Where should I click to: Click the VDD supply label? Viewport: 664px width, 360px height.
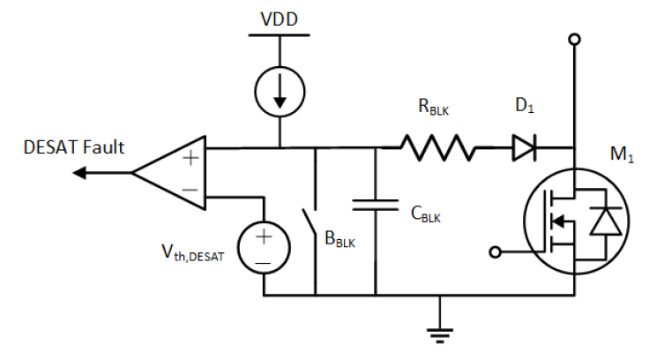coord(279,19)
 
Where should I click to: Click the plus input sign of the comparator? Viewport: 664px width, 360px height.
coord(190,158)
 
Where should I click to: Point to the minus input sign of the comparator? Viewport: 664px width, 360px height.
coord(190,190)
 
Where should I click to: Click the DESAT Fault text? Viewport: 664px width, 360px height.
coord(74,147)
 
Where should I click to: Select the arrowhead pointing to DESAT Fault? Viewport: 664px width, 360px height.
coord(79,173)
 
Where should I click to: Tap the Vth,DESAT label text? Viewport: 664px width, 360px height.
coord(193,253)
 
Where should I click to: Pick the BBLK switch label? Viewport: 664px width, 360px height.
coord(339,239)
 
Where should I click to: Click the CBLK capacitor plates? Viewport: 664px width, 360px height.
coord(375,205)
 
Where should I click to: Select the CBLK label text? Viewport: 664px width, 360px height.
coord(426,214)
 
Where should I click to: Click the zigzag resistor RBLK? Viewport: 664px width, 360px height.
coord(437,148)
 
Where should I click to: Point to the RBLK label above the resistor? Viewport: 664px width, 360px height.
coord(433,107)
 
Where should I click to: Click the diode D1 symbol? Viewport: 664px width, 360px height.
coord(525,148)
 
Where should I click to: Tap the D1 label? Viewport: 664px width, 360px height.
coord(525,106)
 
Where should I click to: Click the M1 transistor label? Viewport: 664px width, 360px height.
coord(622,154)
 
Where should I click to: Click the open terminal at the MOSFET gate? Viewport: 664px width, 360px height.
coord(495,252)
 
